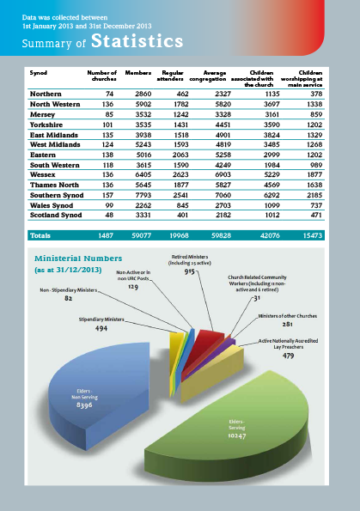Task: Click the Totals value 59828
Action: tap(215, 234)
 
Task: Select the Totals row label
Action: tap(40, 234)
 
